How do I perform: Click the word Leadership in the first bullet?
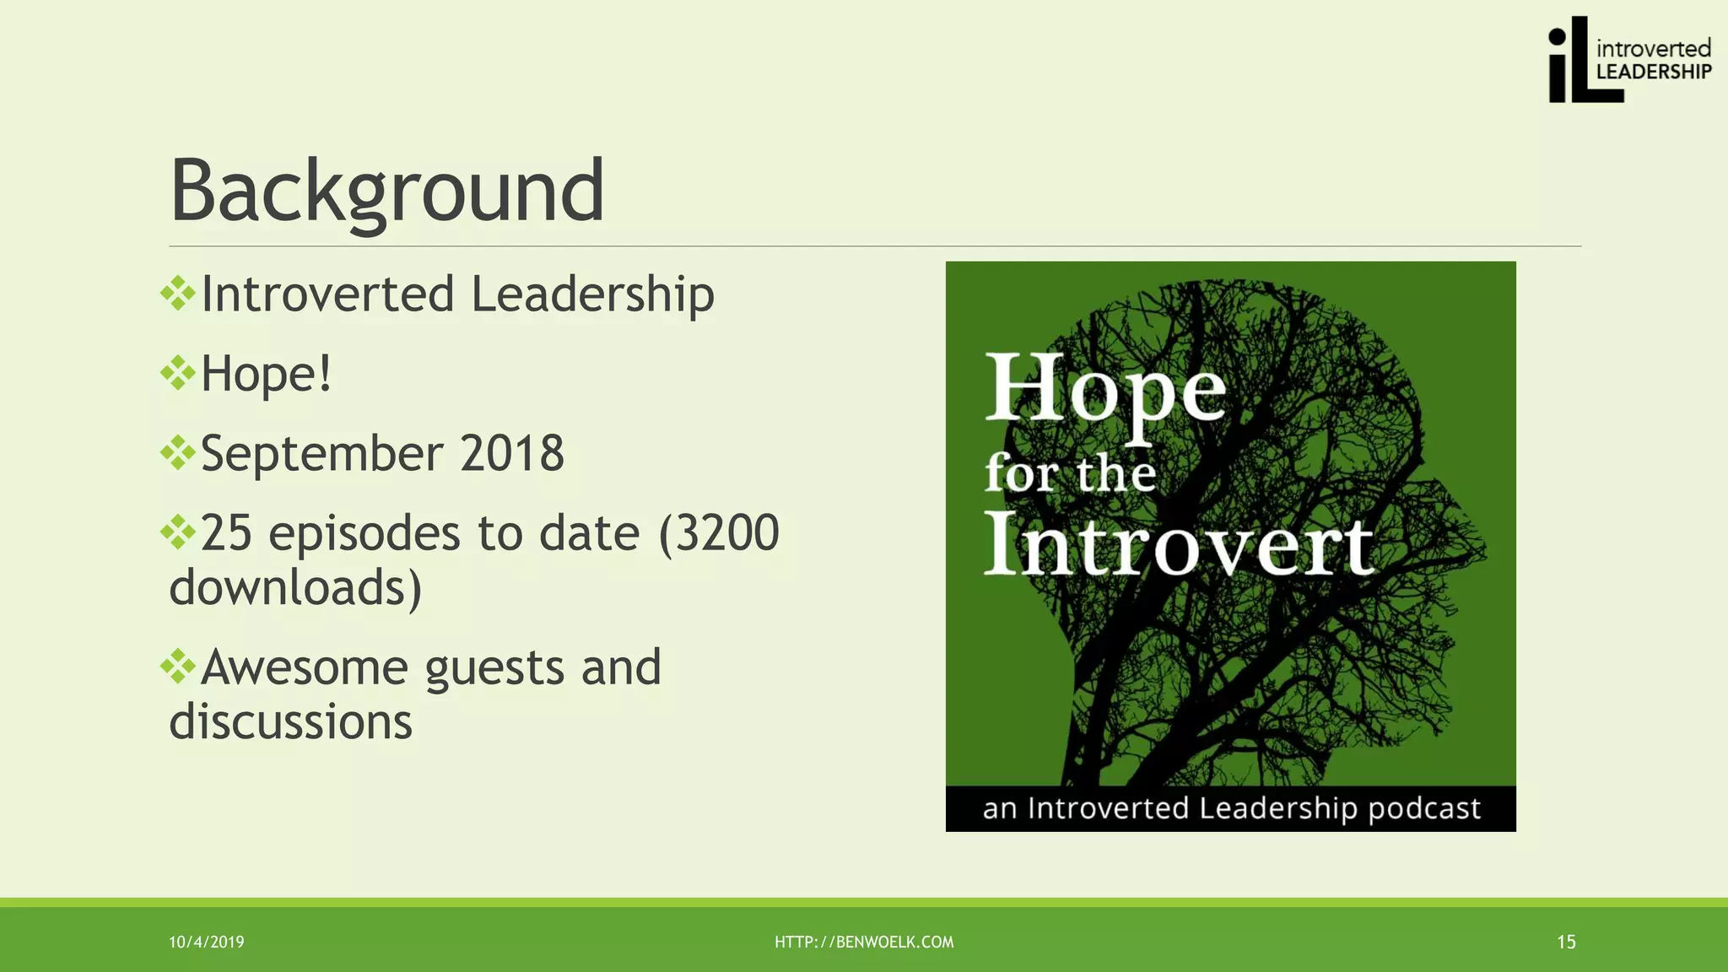pos(591,294)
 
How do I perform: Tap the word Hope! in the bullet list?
pos(266,374)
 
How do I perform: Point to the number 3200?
pos(728,533)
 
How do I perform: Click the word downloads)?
pos(295,588)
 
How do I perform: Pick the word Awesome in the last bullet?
pos(305,667)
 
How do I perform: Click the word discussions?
pos(290,722)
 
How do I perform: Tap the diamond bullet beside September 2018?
pos(178,453)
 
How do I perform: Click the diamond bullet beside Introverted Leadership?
pos(178,294)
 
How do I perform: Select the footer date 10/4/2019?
pos(207,942)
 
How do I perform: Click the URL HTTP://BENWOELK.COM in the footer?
pos(864,942)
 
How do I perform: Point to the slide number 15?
pos(1566,942)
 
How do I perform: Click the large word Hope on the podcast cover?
pos(1104,390)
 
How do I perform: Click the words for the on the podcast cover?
pos(1070,474)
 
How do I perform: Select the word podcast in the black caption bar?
pos(1423,808)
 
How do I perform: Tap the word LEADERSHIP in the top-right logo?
pos(1653,73)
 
